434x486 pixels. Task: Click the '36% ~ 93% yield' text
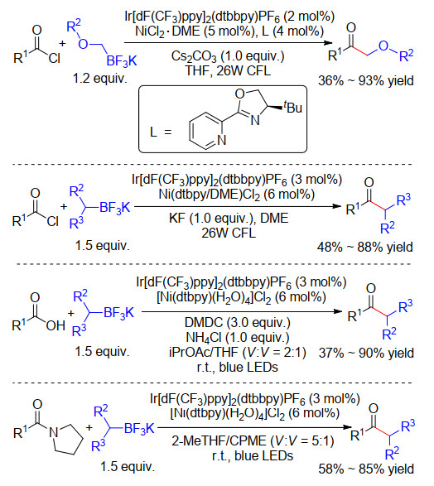[x=366, y=81]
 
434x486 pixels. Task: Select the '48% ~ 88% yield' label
[x=365, y=248]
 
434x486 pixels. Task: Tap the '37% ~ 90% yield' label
[x=366, y=353]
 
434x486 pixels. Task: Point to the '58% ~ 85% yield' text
[x=366, y=469]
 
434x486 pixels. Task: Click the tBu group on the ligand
[x=293, y=108]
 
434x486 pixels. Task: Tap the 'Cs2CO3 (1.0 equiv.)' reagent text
[x=228, y=56]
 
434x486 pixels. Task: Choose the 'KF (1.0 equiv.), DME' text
[x=229, y=219]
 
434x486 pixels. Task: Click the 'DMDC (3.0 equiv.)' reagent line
[x=238, y=323]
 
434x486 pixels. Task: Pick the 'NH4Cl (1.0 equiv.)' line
[x=238, y=338]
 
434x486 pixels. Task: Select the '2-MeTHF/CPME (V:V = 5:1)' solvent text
[x=253, y=440]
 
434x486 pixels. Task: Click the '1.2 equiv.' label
[x=100, y=78]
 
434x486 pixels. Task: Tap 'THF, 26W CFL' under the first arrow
[x=228, y=70]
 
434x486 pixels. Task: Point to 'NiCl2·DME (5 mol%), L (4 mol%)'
[x=229, y=31]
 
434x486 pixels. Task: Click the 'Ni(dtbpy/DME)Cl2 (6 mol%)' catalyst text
[x=237, y=195]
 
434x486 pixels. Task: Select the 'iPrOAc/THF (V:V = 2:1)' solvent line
[x=238, y=353]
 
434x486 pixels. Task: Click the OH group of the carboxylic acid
[x=55, y=325]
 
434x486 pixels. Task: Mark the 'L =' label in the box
[x=161, y=132]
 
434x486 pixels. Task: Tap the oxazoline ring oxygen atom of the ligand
[x=240, y=94]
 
